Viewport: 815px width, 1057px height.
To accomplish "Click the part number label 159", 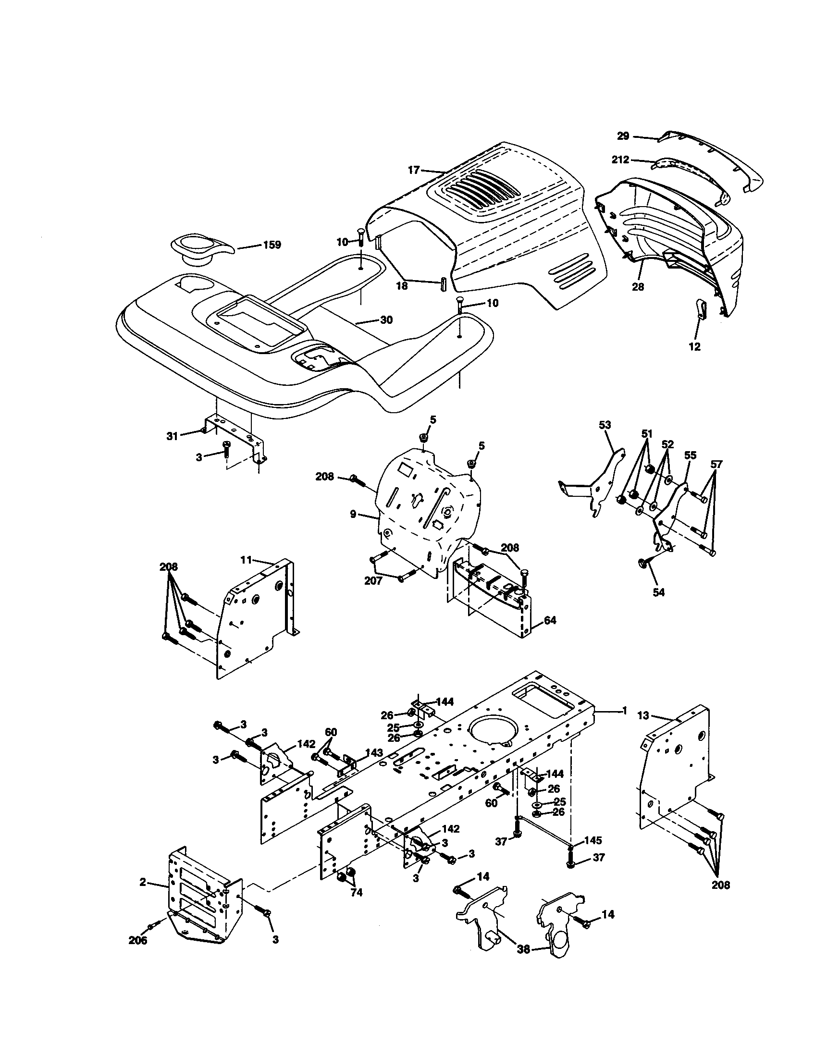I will (x=272, y=245).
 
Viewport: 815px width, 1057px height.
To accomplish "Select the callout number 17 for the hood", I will (x=413, y=170).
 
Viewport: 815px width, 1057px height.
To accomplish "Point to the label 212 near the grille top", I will (x=620, y=159).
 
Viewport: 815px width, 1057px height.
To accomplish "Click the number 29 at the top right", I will (x=623, y=136).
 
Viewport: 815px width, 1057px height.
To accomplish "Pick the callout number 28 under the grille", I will (x=638, y=286).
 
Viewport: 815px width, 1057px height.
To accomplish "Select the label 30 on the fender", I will (x=386, y=320).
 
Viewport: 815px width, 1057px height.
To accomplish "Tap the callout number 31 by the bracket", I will (x=173, y=436).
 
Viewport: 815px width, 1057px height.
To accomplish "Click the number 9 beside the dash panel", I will (x=353, y=514).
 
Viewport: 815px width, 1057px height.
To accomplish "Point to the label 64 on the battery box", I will (x=550, y=619).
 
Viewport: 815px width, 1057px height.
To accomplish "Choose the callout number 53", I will (x=605, y=425).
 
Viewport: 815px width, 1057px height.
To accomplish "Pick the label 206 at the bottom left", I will (x=138, y=940).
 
